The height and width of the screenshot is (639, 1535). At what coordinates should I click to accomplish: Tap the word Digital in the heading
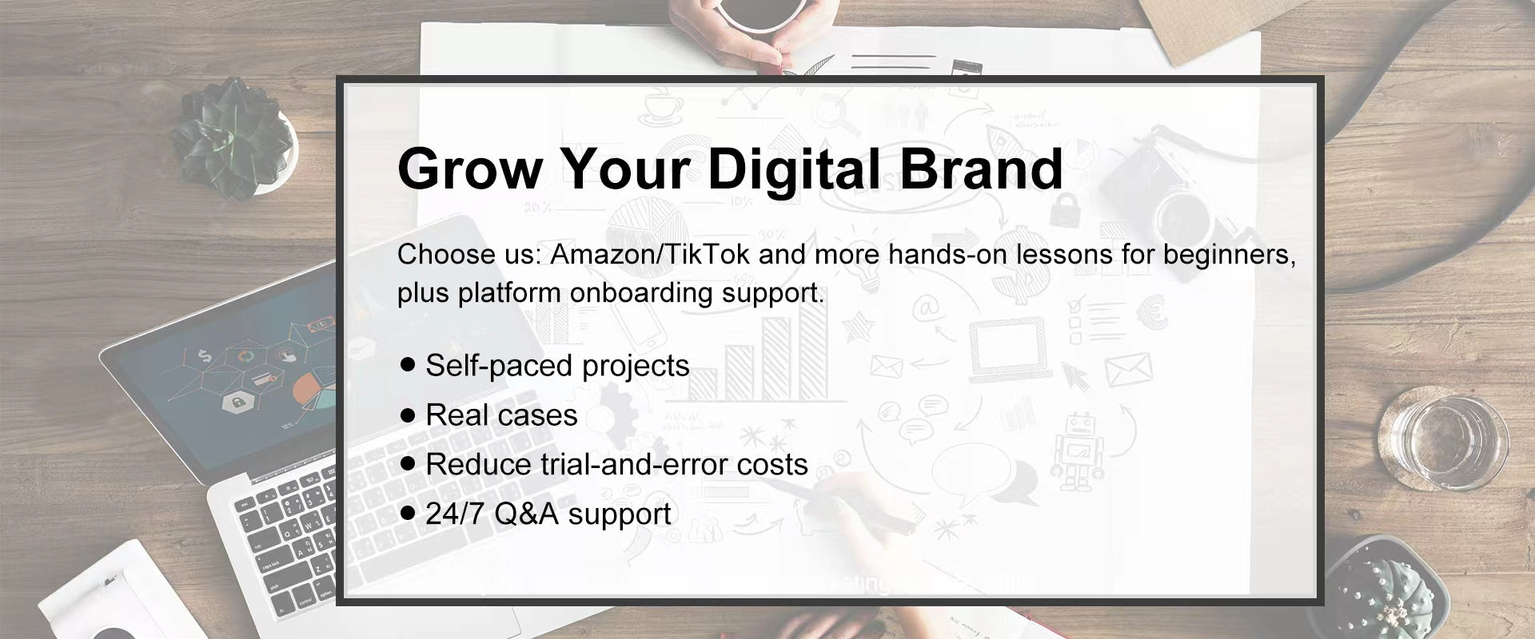(794, 170)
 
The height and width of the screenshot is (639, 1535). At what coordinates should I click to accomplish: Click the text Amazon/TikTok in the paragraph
(650, 254)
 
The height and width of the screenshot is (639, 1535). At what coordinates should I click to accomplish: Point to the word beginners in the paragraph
(1228, 255)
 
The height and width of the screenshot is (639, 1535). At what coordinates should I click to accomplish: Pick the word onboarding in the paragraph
(640, 292)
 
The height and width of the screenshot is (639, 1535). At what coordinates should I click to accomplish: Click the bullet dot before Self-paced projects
(409, 365)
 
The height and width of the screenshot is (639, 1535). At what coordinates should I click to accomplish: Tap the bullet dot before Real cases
(409, 415)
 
